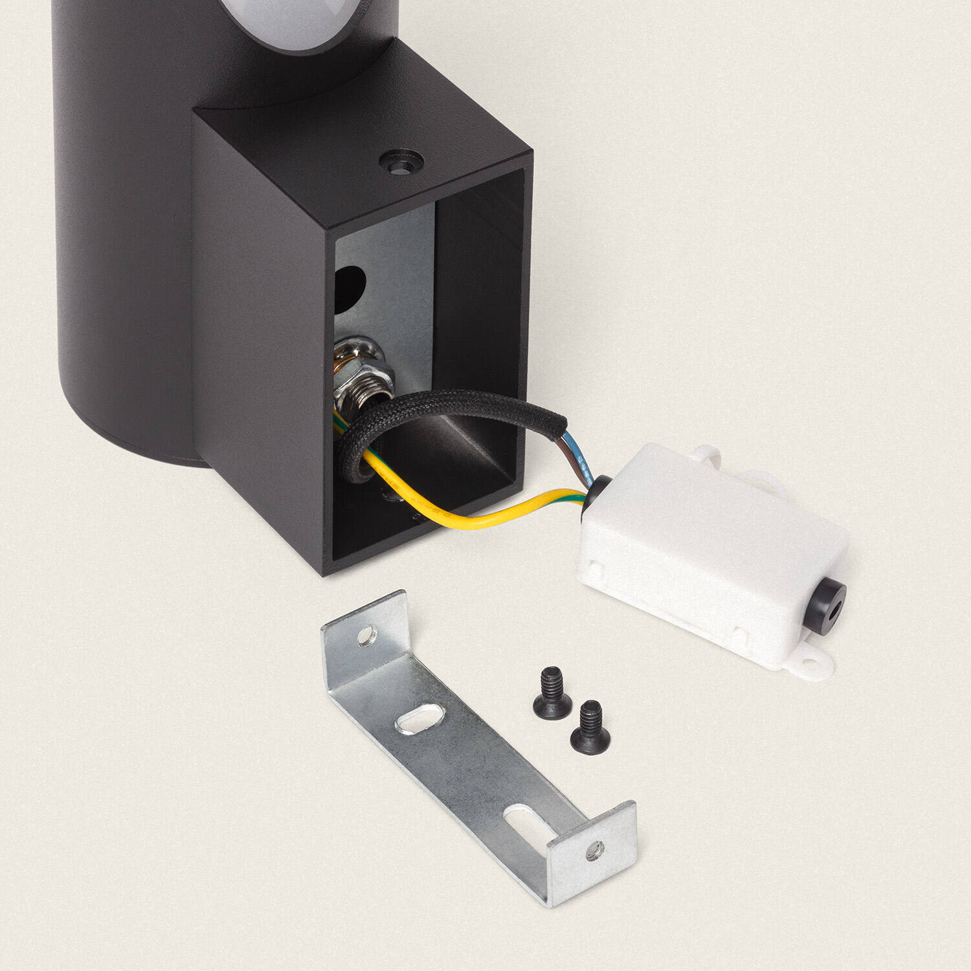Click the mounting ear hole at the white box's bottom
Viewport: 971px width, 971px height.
809,662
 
